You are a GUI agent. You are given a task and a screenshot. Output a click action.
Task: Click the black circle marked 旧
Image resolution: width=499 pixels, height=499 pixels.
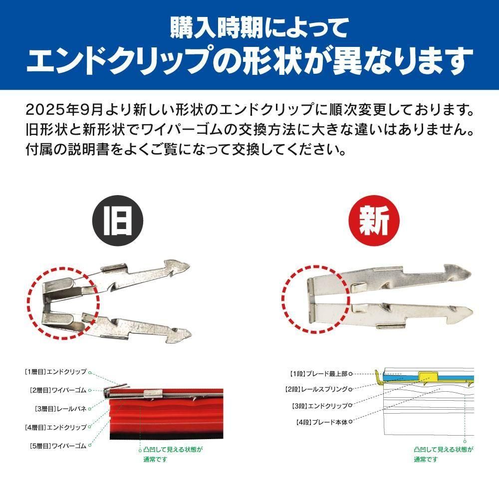(117, 221)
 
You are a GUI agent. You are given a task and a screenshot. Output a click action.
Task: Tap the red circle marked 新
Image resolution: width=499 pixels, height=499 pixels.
(374, 221)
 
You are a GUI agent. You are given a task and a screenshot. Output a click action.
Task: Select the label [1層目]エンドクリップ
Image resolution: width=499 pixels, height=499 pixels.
(56, 371)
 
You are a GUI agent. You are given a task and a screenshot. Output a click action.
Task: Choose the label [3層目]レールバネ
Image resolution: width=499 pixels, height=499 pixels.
(60, 409)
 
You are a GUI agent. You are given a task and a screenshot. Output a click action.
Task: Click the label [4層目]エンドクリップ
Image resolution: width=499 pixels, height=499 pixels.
(56, 427)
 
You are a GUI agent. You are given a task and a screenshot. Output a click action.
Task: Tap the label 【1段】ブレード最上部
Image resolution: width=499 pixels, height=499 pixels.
(318, 374)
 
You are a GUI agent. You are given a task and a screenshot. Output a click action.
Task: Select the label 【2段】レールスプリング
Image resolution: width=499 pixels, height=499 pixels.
(317, 389)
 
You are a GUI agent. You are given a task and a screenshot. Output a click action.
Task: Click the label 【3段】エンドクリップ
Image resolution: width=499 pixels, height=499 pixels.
(320, 406)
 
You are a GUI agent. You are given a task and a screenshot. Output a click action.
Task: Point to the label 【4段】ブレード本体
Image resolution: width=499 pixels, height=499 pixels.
(322, 422)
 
